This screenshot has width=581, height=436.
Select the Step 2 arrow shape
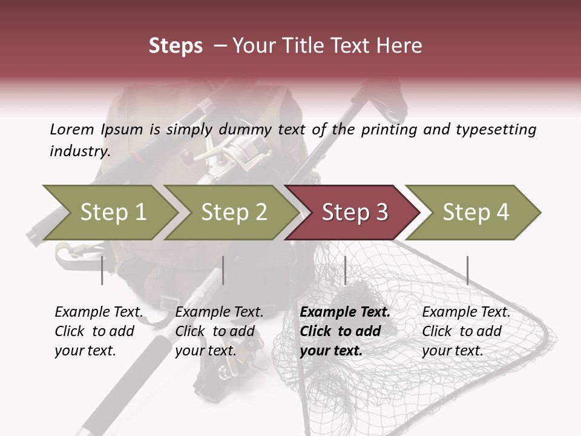point(233,213)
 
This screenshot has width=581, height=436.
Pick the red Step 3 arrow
point(354,213)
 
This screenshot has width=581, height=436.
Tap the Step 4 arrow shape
point(475,213)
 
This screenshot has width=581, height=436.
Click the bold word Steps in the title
point(176,45)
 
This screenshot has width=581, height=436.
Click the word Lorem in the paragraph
point(71,129)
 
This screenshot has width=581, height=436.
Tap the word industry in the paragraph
point(79,151)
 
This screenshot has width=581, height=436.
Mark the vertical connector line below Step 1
point(102,270)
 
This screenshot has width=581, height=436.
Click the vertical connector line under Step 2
point(223,270)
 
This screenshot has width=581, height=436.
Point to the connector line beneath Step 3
point(345,270)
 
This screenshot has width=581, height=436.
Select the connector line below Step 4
point(467,270)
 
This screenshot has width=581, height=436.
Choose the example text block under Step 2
point(220,331)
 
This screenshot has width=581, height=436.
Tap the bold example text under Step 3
point(345,331)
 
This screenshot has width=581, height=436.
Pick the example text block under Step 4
point(467,331)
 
